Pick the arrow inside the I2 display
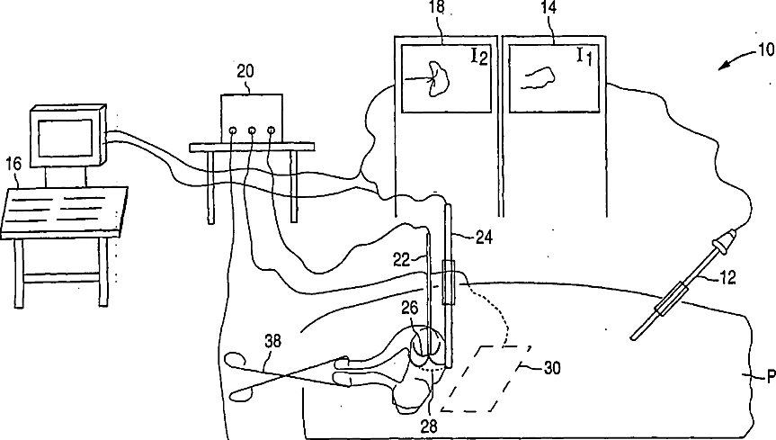[417, 80]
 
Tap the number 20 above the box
[245, 71]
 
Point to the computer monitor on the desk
[67, 137]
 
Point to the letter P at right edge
[769, 378]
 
